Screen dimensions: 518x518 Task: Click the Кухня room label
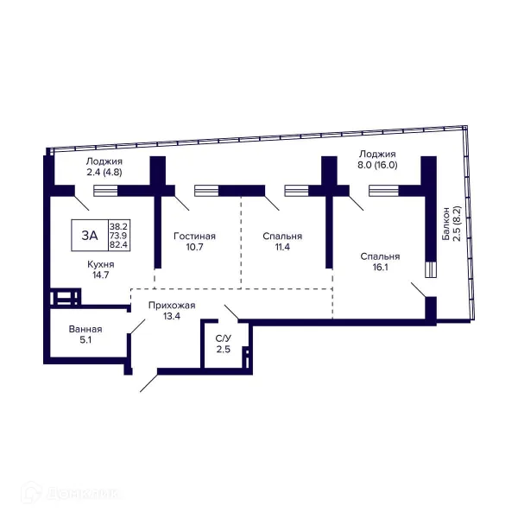[x=101, y=264]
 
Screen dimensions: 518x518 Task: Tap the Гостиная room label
[x=194, y=237]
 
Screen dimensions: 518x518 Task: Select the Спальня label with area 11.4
[x=282, y=237]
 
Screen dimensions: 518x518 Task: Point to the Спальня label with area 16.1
[x=380, y=256]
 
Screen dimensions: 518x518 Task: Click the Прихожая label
[x=172, y=306]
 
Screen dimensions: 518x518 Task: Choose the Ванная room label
[x=85, y=329]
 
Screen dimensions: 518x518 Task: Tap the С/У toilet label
[x=224, y=338]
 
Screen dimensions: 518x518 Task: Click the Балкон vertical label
[x=446, y=224]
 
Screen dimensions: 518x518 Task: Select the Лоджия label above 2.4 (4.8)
[x=104, y=161]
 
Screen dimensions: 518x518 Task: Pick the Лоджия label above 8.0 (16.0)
[x=377, y=154]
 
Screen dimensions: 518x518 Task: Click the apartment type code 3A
[x=90, y=236]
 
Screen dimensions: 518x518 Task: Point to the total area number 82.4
[x=118, y=245]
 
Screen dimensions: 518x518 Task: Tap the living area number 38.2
[x=118, y=226]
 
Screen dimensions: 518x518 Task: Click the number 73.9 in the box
[x=118, y=236]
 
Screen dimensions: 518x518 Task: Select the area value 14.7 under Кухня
[x=101, y=275]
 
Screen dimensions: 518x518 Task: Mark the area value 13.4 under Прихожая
[x=172, y=316]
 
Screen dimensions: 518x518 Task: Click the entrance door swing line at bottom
[x=149, y=383]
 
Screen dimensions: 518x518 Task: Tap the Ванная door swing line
[x=138, y=326]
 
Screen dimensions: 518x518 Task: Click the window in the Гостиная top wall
[x=206, y=191]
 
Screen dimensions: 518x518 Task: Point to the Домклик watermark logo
[x=70, y=494]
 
